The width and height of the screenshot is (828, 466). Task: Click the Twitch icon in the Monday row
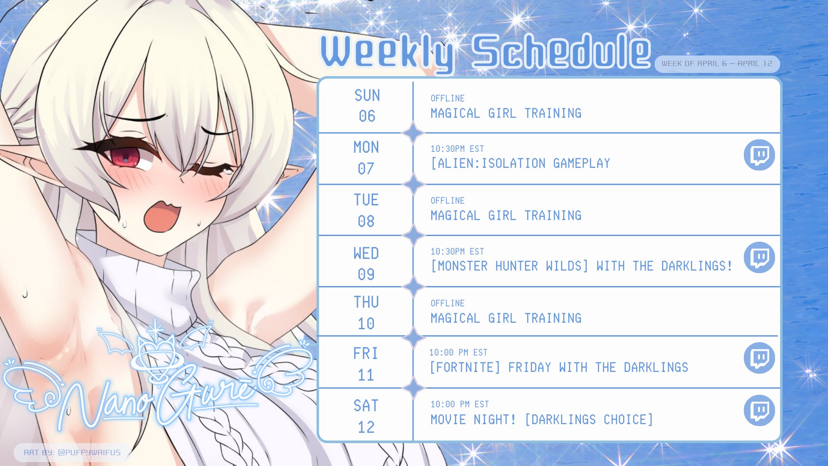point(759,155)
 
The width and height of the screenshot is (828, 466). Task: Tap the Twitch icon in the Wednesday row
point(759,258)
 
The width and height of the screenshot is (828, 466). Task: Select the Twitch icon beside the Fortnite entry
point(759,358)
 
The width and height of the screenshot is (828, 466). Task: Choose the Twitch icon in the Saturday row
point(759,410)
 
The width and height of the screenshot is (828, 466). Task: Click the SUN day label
point(367,95)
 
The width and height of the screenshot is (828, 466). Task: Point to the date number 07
point(366,168)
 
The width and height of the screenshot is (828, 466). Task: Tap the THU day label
point(366,302)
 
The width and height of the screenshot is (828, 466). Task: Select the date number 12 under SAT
point(366,427)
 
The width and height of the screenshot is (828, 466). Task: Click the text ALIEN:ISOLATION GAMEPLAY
point(521,163)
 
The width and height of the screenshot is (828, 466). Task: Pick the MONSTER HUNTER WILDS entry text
point(510,266)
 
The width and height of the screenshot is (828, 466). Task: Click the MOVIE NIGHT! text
point(473,419)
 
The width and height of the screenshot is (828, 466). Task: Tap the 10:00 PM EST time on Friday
point(458,353)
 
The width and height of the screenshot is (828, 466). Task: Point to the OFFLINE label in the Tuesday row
point(448,201)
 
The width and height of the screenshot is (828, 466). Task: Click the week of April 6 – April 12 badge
point(717,63)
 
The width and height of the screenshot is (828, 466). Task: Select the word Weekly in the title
point(387,53)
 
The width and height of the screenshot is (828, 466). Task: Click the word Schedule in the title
point(561,52)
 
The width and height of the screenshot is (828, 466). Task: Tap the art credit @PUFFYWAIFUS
point(89,452)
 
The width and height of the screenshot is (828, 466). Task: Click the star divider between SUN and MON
point(413,133)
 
